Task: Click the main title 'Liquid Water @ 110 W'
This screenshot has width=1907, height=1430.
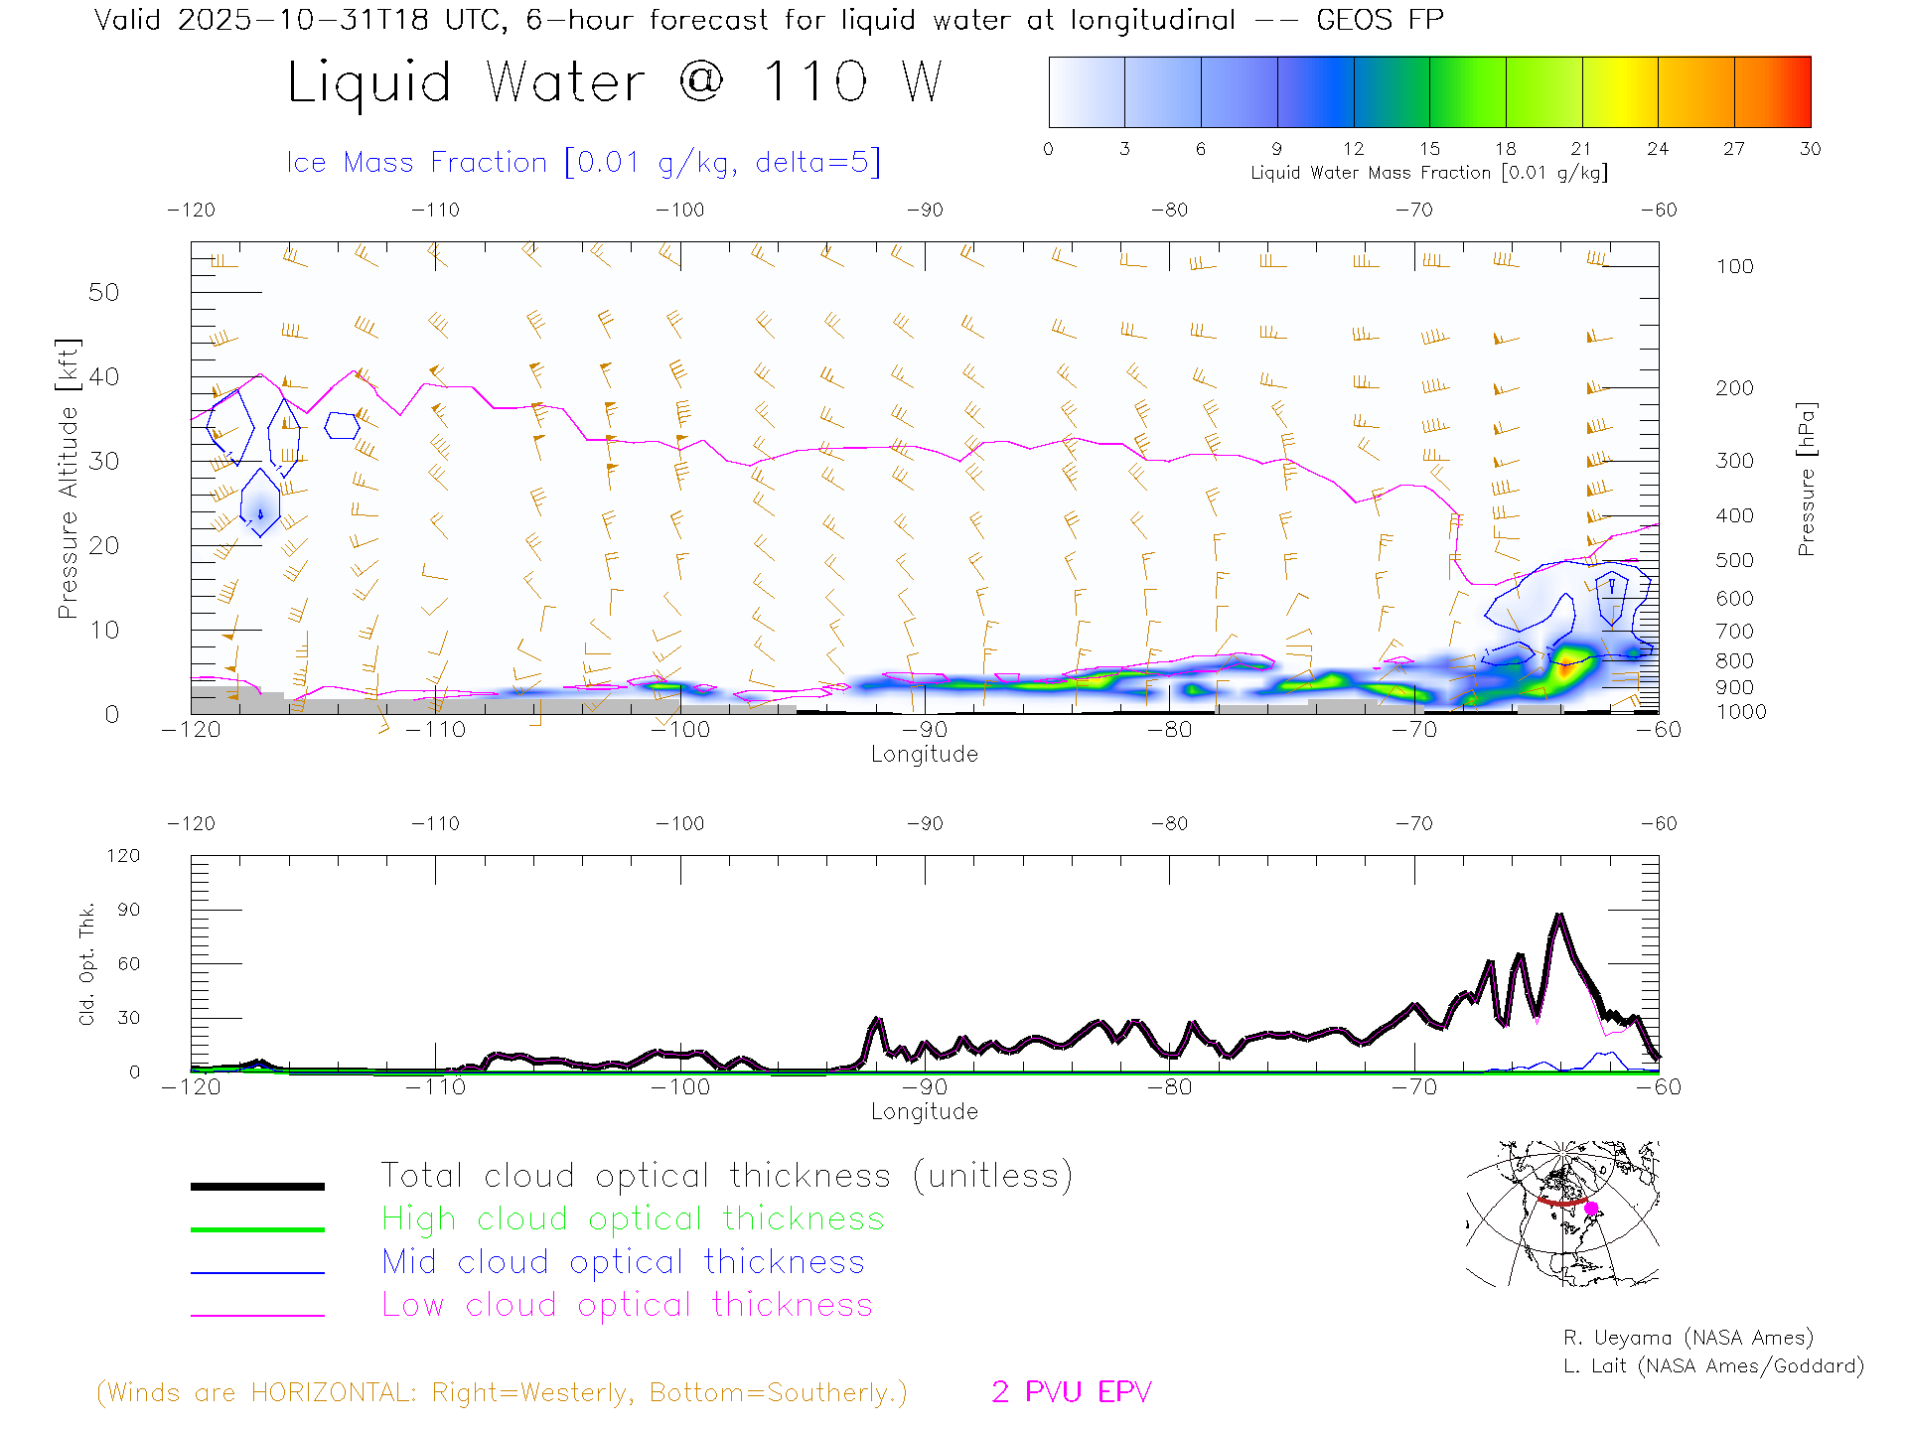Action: pos(614,81)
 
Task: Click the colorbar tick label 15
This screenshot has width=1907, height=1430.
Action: pos(1429,149)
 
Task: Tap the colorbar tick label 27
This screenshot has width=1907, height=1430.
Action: pos(1734,149)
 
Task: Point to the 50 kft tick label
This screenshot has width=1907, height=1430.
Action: pos(103,292)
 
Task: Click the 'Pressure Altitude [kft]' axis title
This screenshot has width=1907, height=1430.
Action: pos(68,479)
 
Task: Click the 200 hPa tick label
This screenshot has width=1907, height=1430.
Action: pos(1734,388)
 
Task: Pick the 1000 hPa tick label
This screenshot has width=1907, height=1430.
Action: pos(1741,712)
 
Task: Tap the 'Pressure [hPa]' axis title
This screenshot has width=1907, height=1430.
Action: pos(1806,479)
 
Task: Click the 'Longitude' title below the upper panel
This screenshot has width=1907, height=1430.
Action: pos(924,754)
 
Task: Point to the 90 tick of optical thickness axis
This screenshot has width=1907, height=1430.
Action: pos(129,910)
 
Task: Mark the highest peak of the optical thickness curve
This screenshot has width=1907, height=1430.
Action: pos(1559,916)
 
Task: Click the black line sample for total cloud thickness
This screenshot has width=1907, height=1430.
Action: pos(257,1186)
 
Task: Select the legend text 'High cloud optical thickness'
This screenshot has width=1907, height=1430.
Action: pos(633,1218)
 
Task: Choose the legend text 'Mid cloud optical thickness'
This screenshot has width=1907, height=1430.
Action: pos(623,1262)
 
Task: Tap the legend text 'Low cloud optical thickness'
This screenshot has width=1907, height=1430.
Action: pos(627,1305)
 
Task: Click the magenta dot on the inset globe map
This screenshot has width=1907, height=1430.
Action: pos(1591,1209)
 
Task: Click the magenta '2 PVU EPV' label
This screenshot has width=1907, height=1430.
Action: pos(1071,1391)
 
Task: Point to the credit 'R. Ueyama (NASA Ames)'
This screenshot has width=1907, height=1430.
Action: pos(1687,1338)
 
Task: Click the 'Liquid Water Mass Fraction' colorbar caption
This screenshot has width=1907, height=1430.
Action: pos(1428,173)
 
